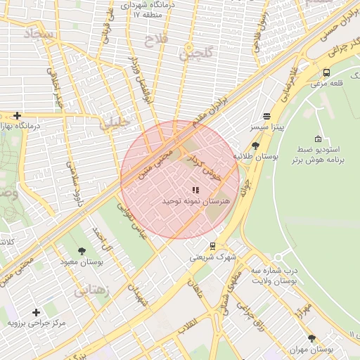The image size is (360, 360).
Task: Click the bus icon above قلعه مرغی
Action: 326,72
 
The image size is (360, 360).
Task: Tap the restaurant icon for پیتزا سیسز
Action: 266,117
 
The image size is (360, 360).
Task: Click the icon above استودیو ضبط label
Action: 319,139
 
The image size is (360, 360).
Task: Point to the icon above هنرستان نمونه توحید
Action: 195,190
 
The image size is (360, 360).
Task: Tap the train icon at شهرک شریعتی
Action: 212,245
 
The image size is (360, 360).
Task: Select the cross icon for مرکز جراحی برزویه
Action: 36,311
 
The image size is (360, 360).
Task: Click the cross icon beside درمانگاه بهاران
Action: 17,115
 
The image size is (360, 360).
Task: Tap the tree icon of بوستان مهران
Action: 311,338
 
